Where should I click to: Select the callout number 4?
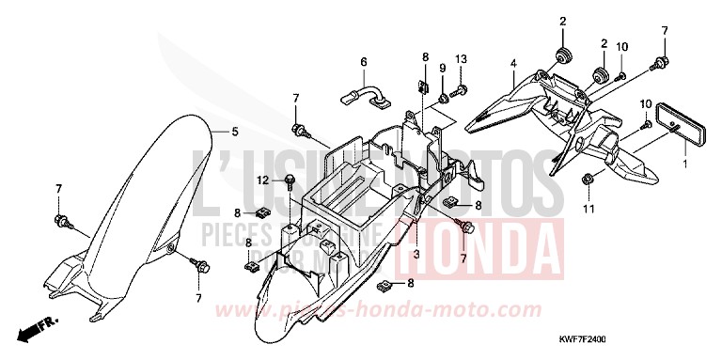point(513,64)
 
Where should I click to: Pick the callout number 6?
point(362,63)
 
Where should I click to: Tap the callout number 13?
point(461,59)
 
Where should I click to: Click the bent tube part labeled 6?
point(367,93)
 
